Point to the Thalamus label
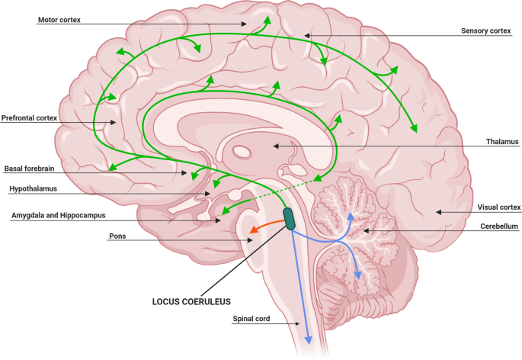(502, 141)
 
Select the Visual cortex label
(498, 207)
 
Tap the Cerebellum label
(499, 227)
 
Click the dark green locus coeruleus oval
(290, 218)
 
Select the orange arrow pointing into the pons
(264, 227)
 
